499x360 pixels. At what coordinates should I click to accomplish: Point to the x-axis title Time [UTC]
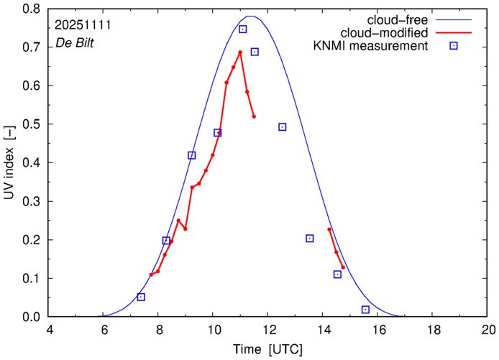[268, 350]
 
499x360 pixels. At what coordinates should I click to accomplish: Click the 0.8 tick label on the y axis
[31, 9]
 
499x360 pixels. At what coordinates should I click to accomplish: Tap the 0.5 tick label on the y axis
[31, 124]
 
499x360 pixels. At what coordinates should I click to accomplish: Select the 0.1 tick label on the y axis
[31, 278]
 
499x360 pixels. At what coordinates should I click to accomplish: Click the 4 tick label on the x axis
[49, 329]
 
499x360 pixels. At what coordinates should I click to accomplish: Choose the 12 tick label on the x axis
[268, 329]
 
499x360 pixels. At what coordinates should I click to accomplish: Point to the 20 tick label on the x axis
[488, 329]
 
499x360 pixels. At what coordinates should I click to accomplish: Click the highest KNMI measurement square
[243, 29]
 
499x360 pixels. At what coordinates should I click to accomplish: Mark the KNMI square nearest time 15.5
[365, 310]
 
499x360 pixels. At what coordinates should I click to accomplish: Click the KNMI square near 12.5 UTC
[283, 127]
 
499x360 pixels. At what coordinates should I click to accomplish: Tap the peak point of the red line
[240, 52]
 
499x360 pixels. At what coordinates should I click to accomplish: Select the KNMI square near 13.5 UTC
[310, 239]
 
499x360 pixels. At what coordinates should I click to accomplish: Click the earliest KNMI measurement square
[141, 297]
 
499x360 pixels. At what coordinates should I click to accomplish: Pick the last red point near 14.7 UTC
[343, 267]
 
